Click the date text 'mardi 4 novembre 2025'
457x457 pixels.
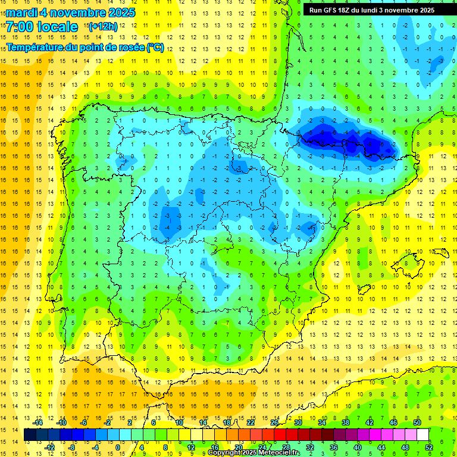(70, 12)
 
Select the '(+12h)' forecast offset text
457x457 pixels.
(104, 26)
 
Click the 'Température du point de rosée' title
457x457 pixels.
(85, 48)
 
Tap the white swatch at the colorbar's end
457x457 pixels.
(423, 435)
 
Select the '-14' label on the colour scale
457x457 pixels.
(39, 422)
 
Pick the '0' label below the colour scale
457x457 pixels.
(118, 447)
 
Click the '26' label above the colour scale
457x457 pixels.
(274, 422)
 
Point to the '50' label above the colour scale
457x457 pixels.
(417, 422)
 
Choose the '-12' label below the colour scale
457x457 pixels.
(51, 447)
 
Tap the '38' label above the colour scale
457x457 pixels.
(346, 422)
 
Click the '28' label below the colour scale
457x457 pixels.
(286, 447)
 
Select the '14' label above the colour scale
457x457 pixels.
(203, 422)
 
